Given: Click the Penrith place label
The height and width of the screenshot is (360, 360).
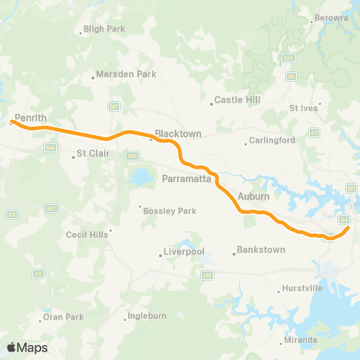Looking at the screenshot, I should [x=31, y=118].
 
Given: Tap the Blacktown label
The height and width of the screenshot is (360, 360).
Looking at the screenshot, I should [x=178, y=133].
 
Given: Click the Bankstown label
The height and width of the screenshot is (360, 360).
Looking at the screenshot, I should [x=260, y=249].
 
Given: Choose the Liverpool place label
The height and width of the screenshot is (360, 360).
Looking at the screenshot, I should [x=184, y=252].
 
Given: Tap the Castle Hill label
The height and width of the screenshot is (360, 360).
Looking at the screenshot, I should [x=235, y=99].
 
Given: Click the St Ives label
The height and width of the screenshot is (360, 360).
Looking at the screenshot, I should [x=303, y=108].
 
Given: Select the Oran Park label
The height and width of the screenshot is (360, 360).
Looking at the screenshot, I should [x=63, y=317].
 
